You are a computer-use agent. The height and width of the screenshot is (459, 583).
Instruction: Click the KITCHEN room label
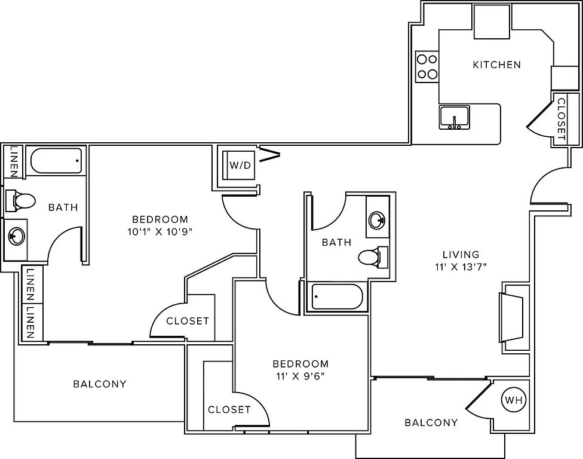[496, 65]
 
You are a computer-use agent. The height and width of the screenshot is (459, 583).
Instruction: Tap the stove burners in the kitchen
[427, 66]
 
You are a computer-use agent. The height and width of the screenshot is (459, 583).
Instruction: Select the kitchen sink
[455, 117]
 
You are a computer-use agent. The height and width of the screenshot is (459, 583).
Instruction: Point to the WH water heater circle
[513, 400]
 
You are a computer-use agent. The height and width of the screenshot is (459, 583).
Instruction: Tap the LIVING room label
[461, 255]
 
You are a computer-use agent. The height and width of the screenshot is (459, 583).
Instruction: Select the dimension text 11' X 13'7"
[461, 267]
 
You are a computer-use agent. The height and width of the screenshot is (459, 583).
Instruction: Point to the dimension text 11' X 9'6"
[300, 376]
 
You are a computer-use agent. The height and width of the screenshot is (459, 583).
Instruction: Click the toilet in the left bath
[20, 199]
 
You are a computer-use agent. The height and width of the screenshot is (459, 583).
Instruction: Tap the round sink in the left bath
[16, 235]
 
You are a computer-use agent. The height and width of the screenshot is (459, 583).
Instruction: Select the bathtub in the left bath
[55, 161]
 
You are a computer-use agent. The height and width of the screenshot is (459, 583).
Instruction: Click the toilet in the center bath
[373, 257]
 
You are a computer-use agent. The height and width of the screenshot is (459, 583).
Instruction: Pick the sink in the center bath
[378, 220]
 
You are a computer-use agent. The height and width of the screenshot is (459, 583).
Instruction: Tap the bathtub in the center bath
[337, 297]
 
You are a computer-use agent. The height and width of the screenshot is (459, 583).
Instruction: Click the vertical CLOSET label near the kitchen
[561, 118]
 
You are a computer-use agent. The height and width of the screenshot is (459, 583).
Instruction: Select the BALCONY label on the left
[100, 384]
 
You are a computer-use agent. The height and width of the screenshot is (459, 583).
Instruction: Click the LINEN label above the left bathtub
[13, 161]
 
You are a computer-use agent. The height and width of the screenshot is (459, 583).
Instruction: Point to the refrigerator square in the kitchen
[493, 23]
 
